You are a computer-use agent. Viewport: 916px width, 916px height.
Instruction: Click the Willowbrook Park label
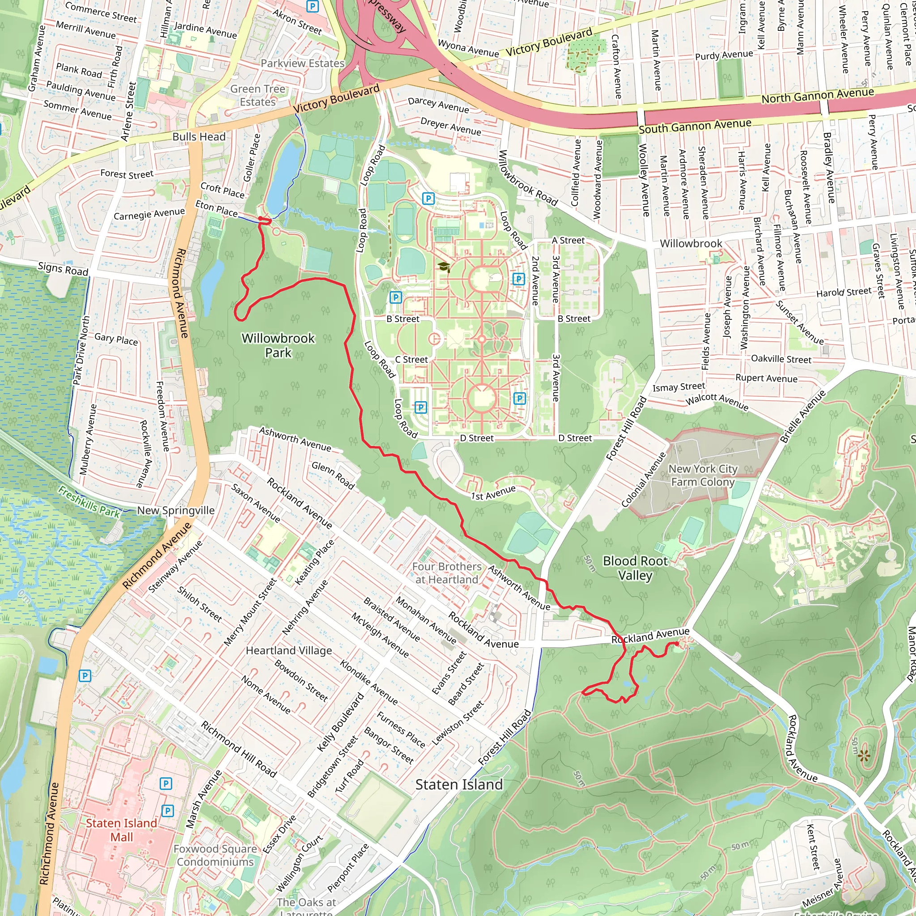(278, 345)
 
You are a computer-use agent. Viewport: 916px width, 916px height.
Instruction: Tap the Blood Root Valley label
(635, 568)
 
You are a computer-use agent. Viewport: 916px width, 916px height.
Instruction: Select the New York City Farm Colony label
(703, 475)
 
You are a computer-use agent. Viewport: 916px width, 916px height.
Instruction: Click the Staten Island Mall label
(121, 830)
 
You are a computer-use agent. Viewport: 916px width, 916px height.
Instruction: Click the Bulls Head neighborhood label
(199, 136)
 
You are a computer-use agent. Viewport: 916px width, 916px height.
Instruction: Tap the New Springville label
(175, 510)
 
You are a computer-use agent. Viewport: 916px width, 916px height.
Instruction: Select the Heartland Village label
(289, 650)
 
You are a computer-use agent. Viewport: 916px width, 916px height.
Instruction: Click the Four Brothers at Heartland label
(447, 573)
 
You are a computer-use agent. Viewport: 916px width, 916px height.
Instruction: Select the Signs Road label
(63, 269)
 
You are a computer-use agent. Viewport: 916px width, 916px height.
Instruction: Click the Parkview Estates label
(302, 63)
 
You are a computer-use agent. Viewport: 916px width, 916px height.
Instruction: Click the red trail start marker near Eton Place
(260, 219)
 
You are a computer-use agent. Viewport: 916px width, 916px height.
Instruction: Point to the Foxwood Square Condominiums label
(215, 855)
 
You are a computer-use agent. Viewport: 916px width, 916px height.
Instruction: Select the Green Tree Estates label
(258, 95)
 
